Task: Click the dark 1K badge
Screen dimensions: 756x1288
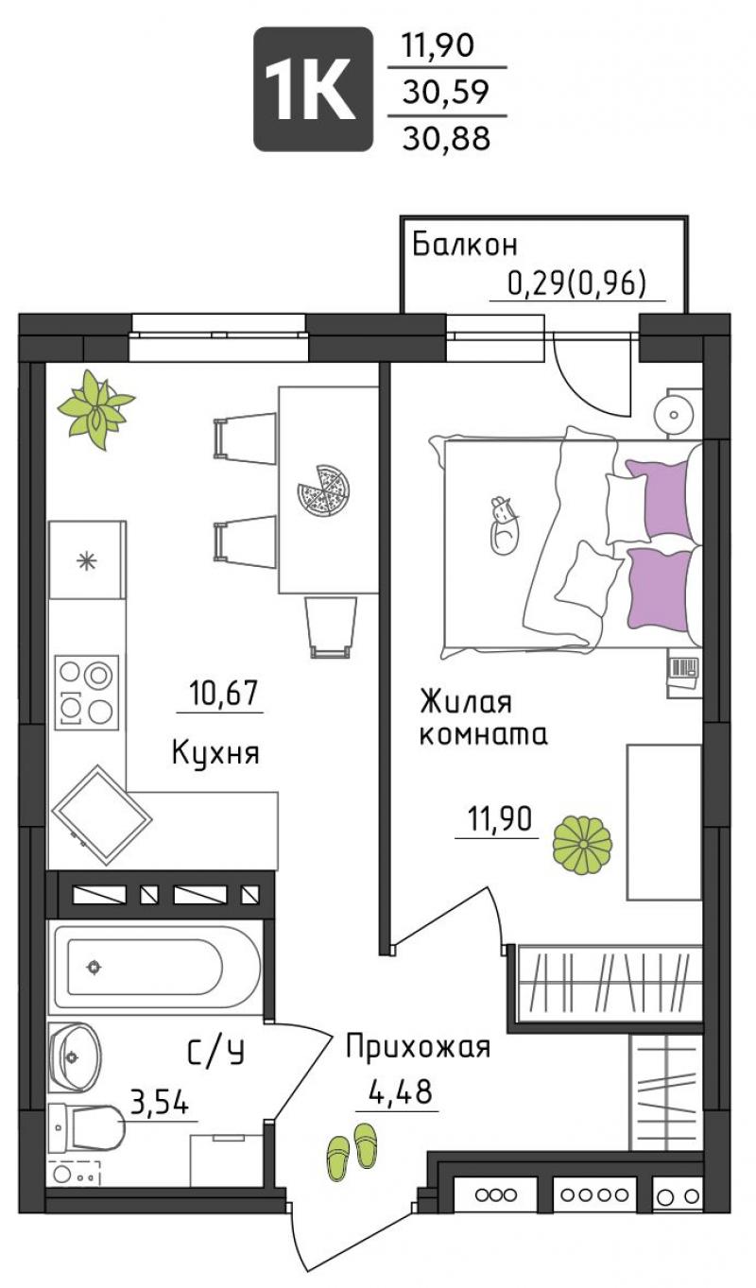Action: [x=313, y=89]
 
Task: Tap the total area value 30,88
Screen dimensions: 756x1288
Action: [x=446, y=138]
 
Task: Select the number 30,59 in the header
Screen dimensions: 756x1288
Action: [x=446, y=92]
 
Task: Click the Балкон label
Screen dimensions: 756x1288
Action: [x=465, y=245]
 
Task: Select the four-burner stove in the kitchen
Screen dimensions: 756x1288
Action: [x=87, y=693]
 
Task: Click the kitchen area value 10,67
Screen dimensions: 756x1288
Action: [x=222, y=693]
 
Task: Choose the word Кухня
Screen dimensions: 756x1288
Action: [x=215, y=753]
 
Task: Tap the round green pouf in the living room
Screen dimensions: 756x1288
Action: [x=582, y=844]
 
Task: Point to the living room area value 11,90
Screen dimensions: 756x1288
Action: [x=500, y=818]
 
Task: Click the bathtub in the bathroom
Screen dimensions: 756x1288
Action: [x=156, y=967]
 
